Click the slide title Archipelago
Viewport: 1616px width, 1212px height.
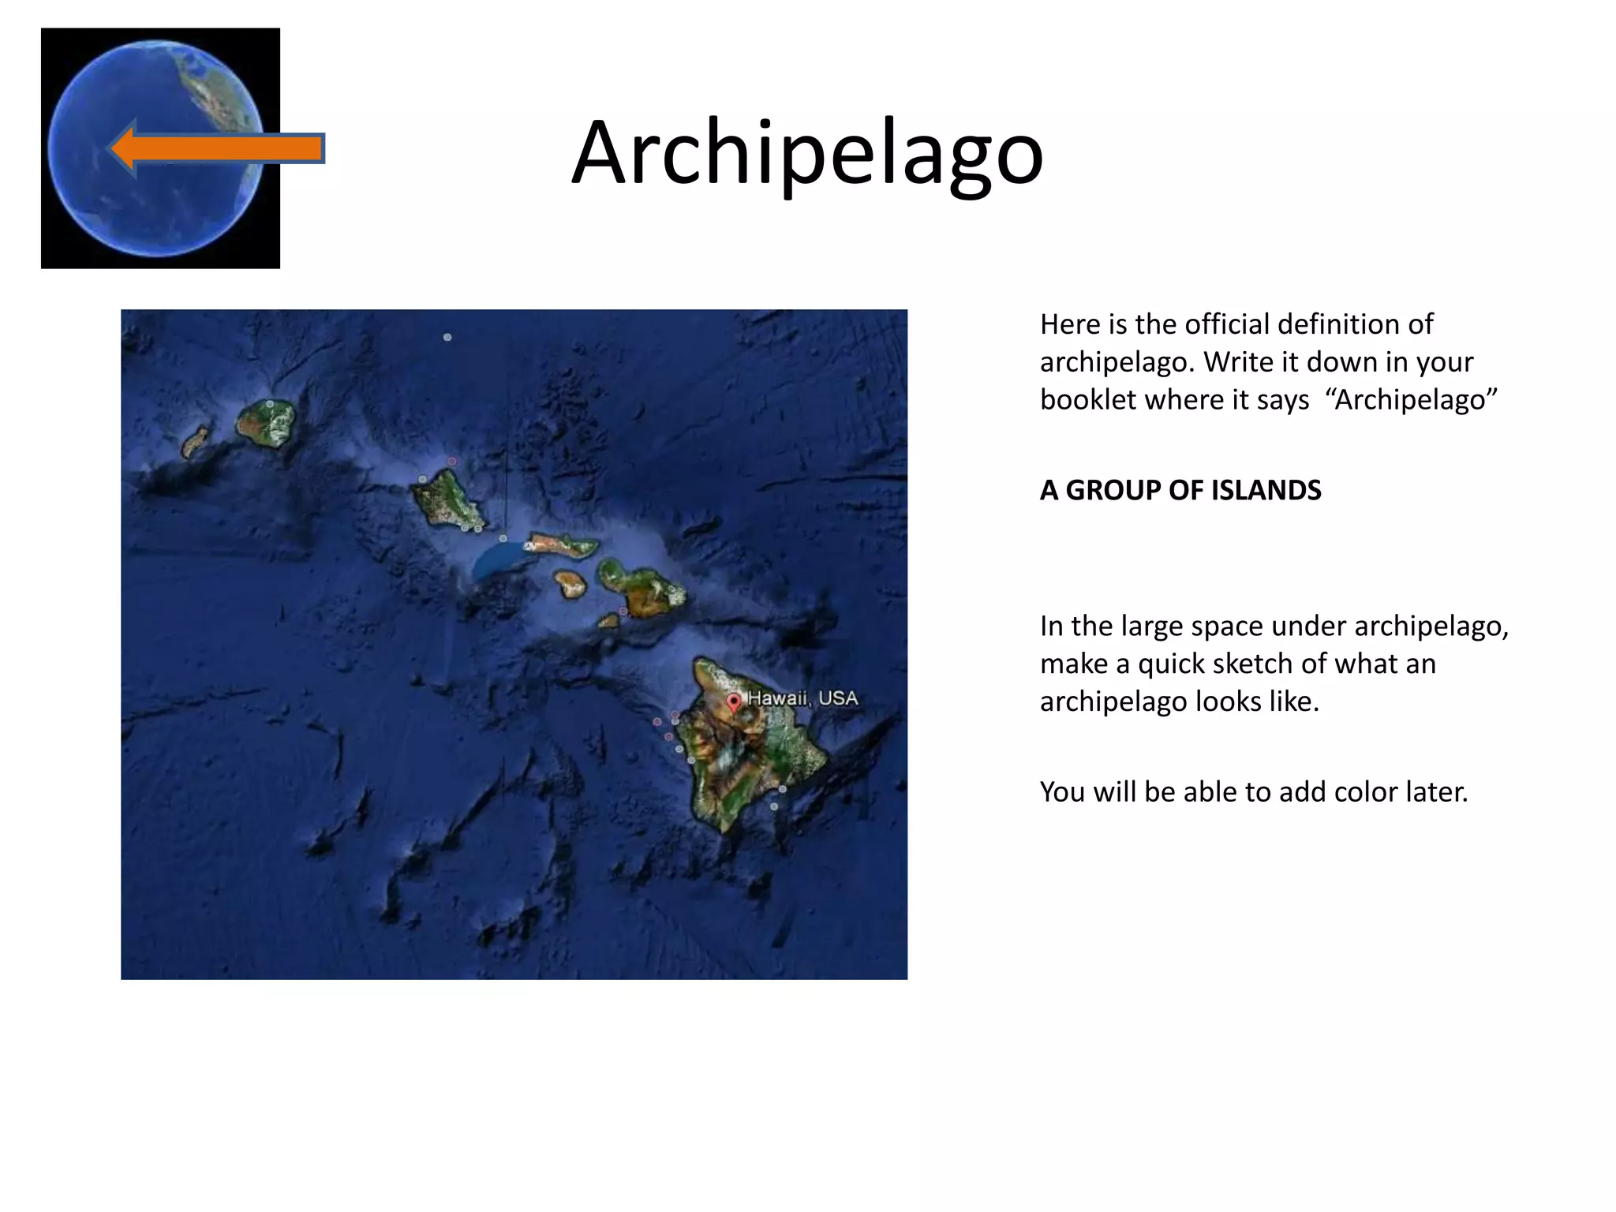coord(807,152)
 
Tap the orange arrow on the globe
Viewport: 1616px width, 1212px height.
coord(217,148)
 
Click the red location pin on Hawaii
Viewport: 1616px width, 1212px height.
coord(734,701)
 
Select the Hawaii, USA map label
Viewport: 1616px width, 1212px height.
coord(802,698)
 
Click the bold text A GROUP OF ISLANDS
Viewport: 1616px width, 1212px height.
coord(1180,490)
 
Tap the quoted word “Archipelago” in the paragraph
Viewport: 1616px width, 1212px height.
coord(1411,400)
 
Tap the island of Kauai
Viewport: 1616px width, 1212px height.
coord(267,423)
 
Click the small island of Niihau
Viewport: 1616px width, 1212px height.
coord(195,442)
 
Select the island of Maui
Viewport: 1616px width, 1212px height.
coord(643,588)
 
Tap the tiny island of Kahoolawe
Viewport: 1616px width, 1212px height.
coord(609,621)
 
